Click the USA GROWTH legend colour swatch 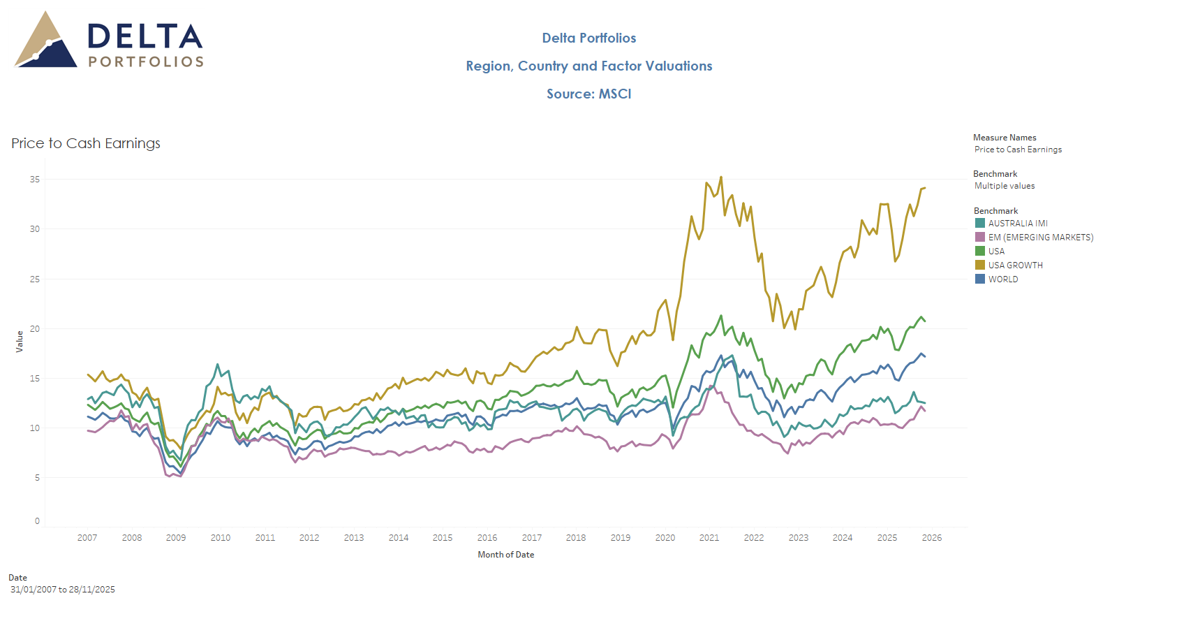point(979,265)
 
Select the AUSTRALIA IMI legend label point(1018,224)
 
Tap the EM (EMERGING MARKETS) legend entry point(1040,238)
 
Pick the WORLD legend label point(1003,279)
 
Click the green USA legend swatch point(979,251)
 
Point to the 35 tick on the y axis point(35,180)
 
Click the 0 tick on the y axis point(38,521)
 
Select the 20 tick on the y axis point(35,328)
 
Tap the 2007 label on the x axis point(87,538)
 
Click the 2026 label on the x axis point(931,538)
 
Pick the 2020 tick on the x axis point(665,538)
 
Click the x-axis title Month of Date point(505,555)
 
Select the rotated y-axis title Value point(20,341)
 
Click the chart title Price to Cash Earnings point(86,143)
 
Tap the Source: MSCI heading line point(588,94)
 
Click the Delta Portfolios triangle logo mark point(45,42)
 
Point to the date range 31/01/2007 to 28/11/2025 point(63,590)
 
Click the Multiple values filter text point(1005,186)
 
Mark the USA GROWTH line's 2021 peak point(721,177)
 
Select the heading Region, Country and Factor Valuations point(588,66)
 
